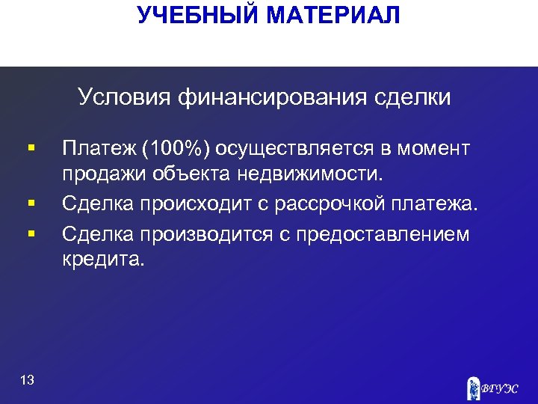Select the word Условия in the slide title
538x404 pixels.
(124, 97)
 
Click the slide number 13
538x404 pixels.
(28, 381)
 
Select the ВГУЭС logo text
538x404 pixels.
(498, 388)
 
